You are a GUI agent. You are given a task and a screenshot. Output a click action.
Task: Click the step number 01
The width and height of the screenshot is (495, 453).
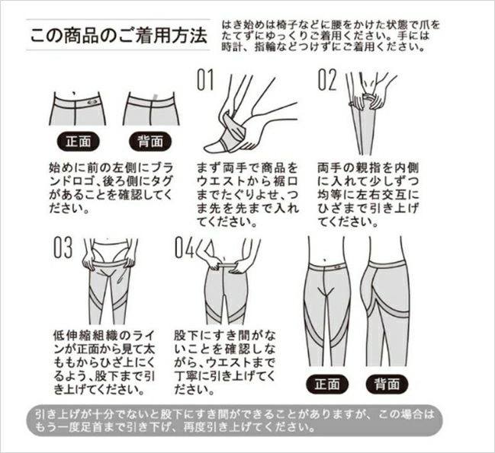click(205, 80)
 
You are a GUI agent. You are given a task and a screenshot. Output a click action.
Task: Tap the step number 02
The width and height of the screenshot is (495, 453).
click(327, 80)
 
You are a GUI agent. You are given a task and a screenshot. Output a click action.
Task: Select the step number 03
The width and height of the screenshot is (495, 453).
click(63, 247)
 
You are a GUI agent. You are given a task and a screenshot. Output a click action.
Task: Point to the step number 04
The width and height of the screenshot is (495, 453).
click(185, 247)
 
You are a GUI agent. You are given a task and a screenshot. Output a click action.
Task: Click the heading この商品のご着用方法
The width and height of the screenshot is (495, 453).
click(118, 35)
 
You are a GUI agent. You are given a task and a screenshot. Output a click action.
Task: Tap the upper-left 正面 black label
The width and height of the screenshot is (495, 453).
click(79, 142)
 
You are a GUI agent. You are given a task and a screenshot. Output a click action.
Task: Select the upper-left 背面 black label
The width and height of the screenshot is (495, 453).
click(150, 142)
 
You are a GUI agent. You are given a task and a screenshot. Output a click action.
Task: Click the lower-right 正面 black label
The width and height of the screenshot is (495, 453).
click(327, 384)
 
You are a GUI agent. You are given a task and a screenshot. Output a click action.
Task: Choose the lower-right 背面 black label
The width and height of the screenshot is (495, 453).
click(387, 384)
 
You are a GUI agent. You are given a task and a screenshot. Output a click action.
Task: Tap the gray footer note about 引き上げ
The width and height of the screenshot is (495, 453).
click(235, 420)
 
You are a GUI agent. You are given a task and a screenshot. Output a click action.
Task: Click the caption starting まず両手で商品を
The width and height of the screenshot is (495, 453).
click(247, 195)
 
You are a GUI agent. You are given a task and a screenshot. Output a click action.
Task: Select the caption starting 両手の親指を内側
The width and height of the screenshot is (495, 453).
click(368, 195)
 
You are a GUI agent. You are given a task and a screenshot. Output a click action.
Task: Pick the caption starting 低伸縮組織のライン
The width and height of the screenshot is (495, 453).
click(104, 362)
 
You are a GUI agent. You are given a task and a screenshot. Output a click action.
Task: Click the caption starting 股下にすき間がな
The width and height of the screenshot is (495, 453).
click(225, 362)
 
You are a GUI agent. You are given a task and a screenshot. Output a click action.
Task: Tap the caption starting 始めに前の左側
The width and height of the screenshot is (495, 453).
click(111, 188)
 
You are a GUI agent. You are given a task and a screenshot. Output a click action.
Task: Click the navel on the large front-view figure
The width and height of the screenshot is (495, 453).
click(325, 260)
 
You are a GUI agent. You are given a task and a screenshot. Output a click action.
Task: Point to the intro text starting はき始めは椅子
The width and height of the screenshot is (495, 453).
click(330, 36)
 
